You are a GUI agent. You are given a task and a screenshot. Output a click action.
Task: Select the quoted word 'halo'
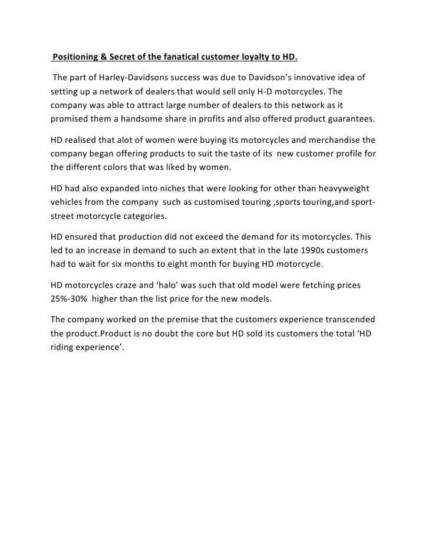click(180, 285)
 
